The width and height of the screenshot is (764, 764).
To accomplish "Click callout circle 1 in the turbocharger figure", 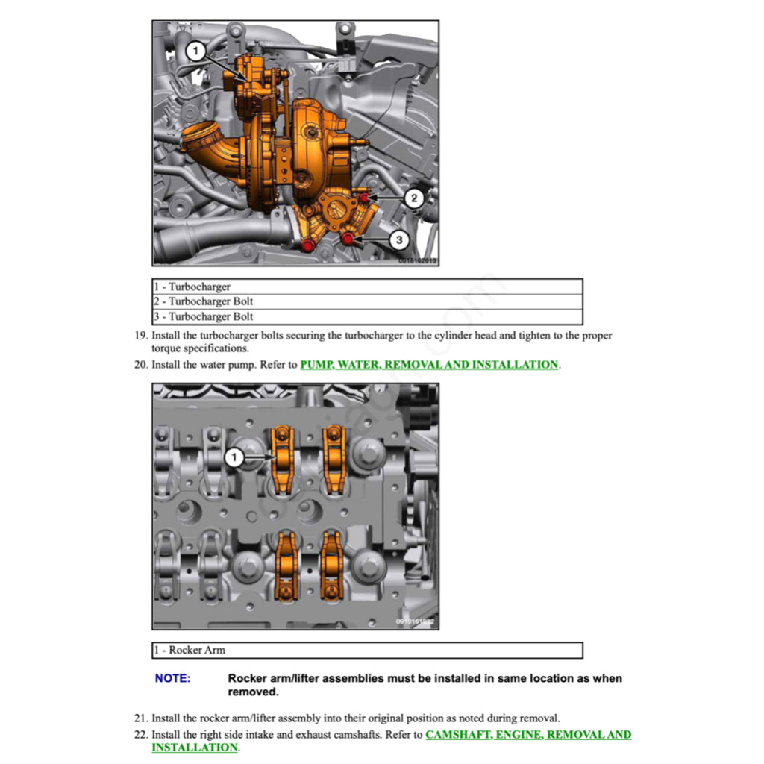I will [195, 51].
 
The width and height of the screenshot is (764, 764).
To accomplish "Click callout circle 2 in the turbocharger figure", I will [414, 198].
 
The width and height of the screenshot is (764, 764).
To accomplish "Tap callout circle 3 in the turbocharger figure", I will [399, 240].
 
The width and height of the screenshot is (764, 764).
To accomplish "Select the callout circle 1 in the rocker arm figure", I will [235, 457].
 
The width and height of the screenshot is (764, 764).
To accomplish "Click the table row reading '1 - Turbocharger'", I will [367, 286].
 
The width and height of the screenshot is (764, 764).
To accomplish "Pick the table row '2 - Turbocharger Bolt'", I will [367, 301].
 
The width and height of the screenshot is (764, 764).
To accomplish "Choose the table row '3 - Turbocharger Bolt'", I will [367, 316].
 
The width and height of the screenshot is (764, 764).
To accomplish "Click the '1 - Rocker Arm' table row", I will [367, 650].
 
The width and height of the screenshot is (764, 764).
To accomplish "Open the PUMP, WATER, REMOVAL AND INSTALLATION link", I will [429, 365].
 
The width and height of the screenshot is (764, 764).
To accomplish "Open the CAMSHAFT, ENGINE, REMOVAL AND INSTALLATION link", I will [527, 735].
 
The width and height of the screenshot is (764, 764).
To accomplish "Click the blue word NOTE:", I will [172, 679].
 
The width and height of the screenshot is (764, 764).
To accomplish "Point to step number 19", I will [140, 336].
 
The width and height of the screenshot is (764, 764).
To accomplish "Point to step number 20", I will [140, 365].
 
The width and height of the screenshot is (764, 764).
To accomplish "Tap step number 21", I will [140, 718].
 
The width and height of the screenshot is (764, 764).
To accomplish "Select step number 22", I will [140, 735].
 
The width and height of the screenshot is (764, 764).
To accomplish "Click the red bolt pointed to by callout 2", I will [364, 198].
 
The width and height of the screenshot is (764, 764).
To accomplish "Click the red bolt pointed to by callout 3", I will [348, 238].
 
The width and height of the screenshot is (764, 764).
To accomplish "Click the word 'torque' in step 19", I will [168, 348].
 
